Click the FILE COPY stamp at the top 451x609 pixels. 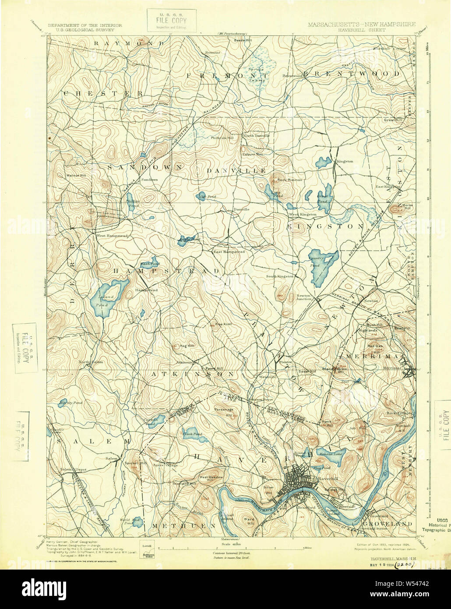tap(171, 21)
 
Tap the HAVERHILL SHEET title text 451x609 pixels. tap(361, 30)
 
